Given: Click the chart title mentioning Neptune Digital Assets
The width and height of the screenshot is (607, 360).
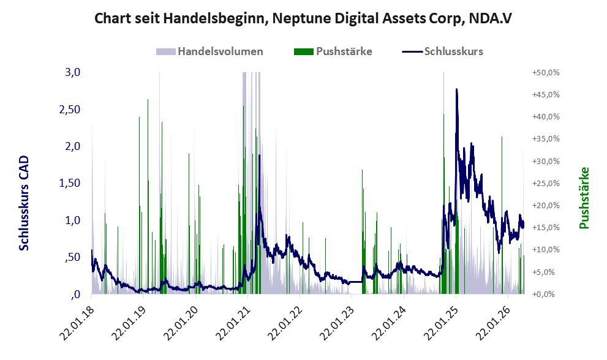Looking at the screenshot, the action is pyautogui.click(x=303, y=18).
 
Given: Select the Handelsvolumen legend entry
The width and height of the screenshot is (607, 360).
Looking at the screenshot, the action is pyautogui.click(x=209, y=51).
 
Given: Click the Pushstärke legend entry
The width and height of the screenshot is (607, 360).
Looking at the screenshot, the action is pyautogui.click(x=333, y=51).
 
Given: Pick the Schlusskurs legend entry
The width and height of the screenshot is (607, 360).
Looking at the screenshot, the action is pyautogui.click(x=442, y=51).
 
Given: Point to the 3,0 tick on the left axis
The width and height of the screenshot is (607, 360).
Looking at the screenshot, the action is pyautogui.click(x=72, y=72).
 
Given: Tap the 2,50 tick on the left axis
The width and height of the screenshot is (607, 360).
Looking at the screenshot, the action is pyautogui.click(x=69, y=109).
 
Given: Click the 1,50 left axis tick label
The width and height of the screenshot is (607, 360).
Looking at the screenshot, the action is pyautogui.click(x=69, y=183).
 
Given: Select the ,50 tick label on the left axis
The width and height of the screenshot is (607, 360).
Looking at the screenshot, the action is pyautogui.click(x=72, y=257).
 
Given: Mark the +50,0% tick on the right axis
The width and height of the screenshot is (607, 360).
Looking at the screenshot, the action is pyautogui.click(x=546, y=73).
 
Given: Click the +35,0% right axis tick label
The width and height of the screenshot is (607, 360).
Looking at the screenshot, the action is pyautogui.click(x=546, y=139).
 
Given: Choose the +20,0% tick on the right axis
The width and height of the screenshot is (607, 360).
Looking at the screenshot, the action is pyautogui.click(x=546, y=206).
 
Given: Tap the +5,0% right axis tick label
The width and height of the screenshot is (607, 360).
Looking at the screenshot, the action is pyautogui.click(x=548, y=272).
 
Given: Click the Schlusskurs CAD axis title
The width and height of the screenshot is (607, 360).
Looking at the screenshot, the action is pyautogui.click(x=24, y=203).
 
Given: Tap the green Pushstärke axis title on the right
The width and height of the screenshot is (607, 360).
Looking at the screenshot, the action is pyautogui.click(x=584, y=198).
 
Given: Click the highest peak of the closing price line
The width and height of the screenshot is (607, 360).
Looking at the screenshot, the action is pyautogui.click(x=457, y=89).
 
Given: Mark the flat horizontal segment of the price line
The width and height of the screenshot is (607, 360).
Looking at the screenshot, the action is pyautogui.click(x=356, y=282).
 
